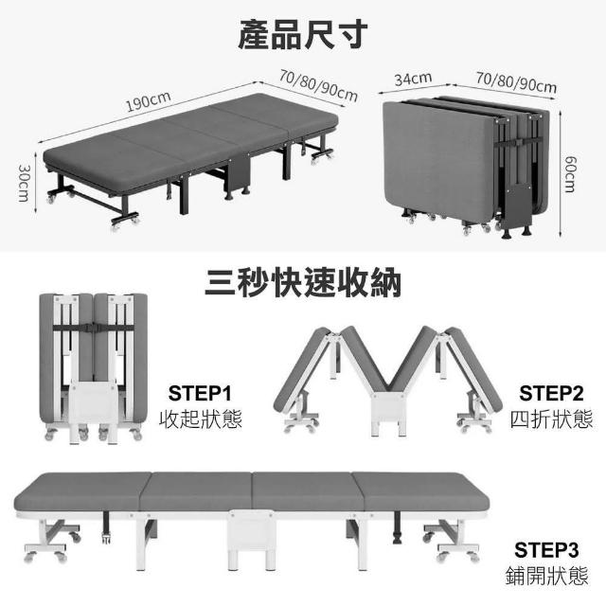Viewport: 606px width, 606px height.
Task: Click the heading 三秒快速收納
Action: (x=302, y=281)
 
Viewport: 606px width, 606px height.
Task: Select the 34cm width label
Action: (x=413, y=78)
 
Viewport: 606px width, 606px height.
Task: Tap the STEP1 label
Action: (x=200, y=392)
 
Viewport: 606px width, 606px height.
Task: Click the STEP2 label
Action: (x=551, y=392)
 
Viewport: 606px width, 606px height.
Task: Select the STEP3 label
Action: (x=551, y=549)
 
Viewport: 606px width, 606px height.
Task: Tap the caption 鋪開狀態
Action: (x=551, y=575)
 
